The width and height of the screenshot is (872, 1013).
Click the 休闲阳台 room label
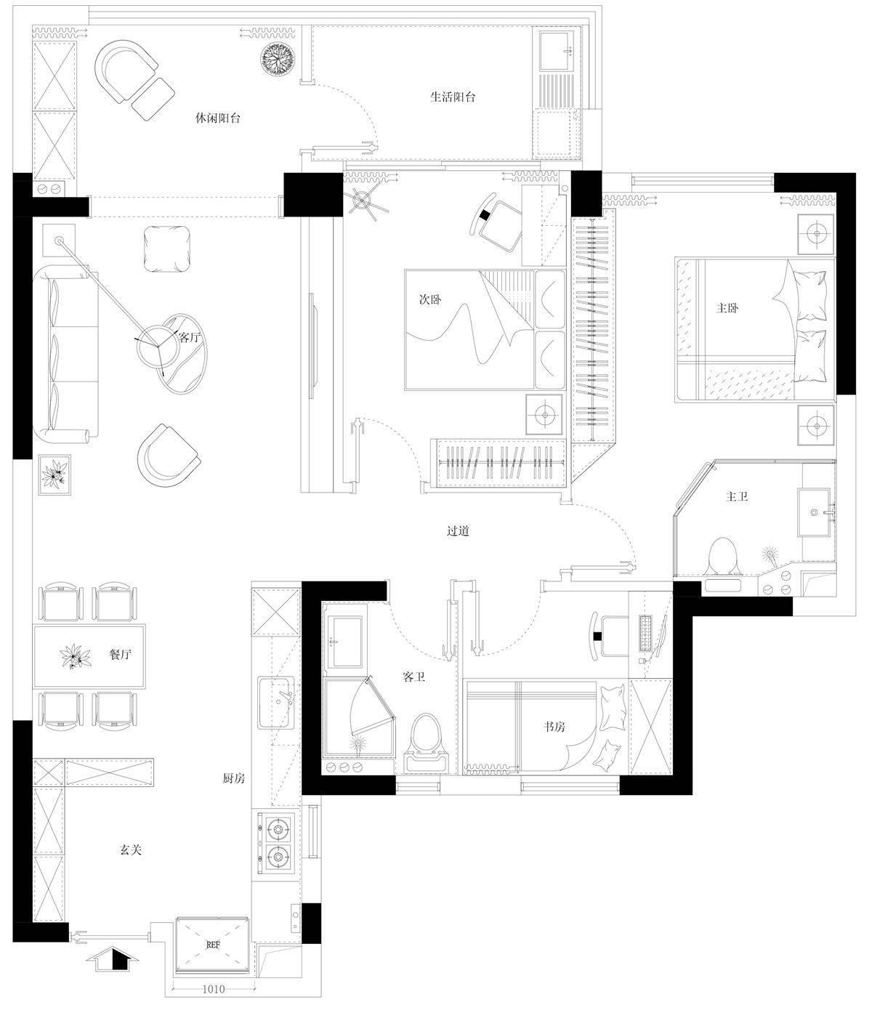pyautogui.click(x=217, y=118)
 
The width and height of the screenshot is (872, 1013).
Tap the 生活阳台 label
pyautogui.click(x=453, y=97)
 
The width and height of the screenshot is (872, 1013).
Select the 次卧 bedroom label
pyautogui.click(x=430, y=299)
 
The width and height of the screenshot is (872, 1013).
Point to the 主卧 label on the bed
pyautogui.click(x=727, y=308)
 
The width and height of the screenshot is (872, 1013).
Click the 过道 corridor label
pyautogui.click(x=459, y=530)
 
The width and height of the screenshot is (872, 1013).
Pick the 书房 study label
pyautogui.click(x=554, y=726)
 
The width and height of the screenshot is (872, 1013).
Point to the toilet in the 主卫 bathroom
pyautogui.click(x=723, y=557)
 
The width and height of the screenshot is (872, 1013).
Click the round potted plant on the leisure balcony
pyautogui.click(x=278, y=58)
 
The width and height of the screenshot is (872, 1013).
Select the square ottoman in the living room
pyautogui.click(x=167, y=249)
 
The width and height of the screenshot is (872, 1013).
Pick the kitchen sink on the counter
pyautogui.click(x=277, y=702)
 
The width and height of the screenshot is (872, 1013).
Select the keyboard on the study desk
pyautogui.click(x=646, y=633)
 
